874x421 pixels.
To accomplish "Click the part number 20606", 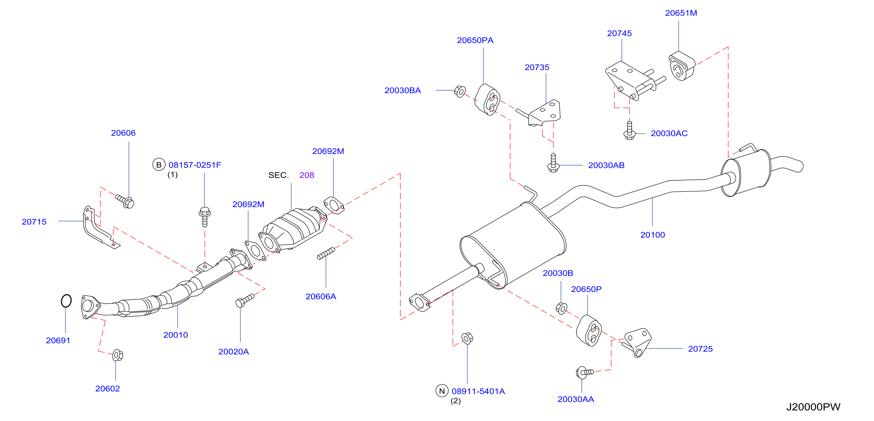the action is coord(123,133).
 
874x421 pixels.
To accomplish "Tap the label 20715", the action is coord(34,222).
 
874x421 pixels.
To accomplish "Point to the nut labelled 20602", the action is coord(117,355).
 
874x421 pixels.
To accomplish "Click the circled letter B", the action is coord(158,165).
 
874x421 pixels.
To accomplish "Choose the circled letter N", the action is coord(442,391).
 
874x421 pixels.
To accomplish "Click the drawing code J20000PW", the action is coord(813,407).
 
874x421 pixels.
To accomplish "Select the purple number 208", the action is coord(307,175).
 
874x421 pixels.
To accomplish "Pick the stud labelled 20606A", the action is coord(326,253).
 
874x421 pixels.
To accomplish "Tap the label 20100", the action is coord(653,235).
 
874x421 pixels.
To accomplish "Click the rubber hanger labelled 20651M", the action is coord(682,66).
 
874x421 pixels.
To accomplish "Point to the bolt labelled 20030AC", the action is coord(629,130).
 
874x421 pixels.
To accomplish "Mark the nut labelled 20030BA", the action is coord(460,91).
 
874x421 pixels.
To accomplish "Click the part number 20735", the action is coord(537,67).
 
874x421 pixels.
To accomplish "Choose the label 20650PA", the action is coord(475,40).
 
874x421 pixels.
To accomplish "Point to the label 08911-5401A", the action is coord(478,391).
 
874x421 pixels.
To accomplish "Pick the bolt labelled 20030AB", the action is coord(553,163).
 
